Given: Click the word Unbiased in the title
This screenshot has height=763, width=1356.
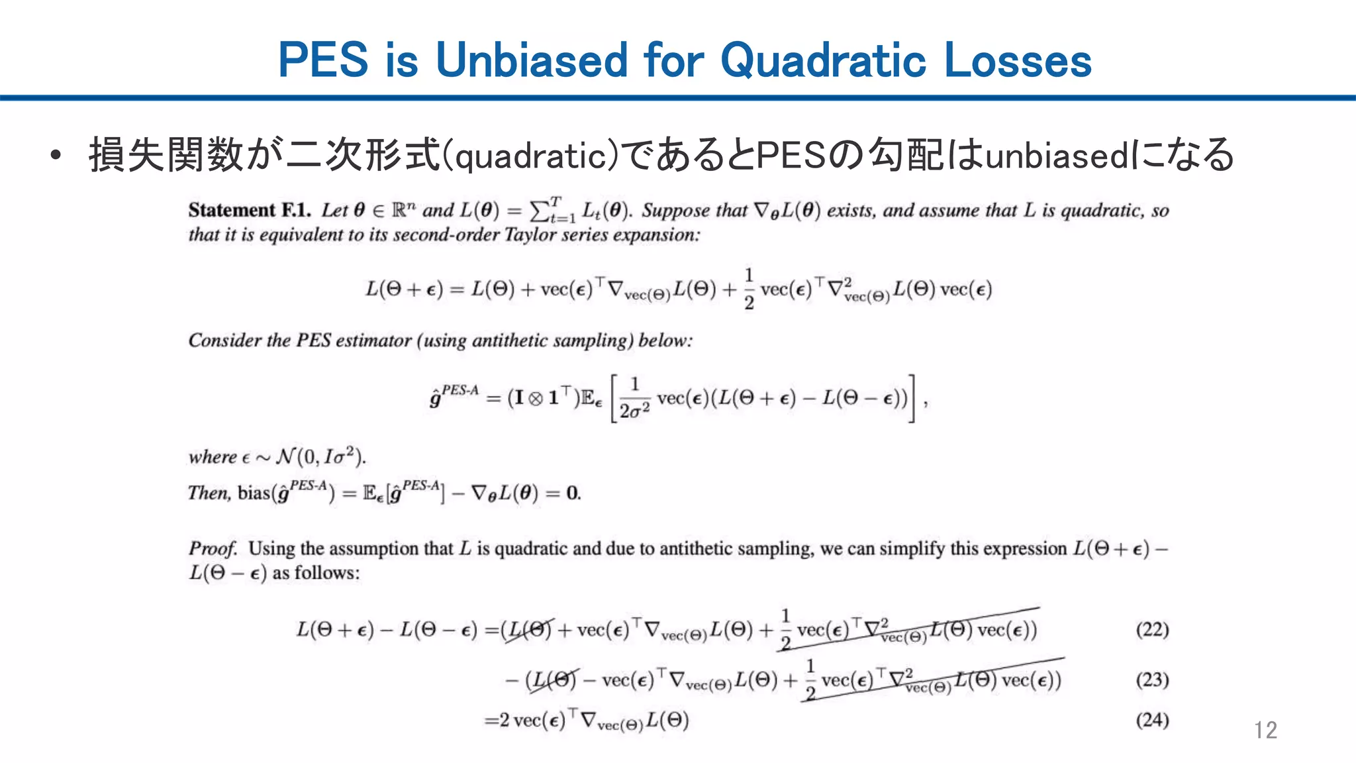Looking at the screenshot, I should [x=532, y=60].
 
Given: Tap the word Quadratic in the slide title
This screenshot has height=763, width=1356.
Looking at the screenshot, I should [x=823, y=60].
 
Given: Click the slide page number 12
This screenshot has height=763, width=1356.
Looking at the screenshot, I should [x=1265, y=730].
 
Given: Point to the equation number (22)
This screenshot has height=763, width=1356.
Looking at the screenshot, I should [x=1152, y=629].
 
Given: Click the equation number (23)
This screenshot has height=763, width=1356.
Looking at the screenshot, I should [x=1152, y=680].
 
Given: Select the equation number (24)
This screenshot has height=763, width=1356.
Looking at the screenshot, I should [x=1152, y=720].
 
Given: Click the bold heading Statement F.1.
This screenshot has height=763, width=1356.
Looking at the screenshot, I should [x=249, y=211].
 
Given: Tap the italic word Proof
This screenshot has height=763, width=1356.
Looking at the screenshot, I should [x=213, y=548].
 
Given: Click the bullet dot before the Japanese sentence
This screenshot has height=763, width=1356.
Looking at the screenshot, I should [x=56, y=156].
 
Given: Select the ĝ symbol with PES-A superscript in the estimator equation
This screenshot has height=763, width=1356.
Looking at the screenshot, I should [x=454, y=397].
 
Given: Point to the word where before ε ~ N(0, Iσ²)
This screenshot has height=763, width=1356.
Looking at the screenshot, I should [x=213, y=457].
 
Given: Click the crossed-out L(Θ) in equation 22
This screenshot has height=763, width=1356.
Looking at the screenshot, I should [x=528, y=629].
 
